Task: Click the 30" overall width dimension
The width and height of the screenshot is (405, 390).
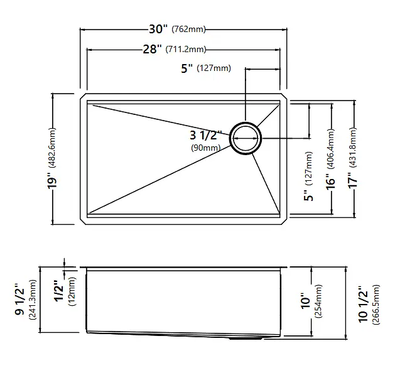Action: tap(158, 29)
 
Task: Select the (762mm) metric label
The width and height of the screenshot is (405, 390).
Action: tap(188, 29)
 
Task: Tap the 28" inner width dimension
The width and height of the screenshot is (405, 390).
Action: tap(152, 49)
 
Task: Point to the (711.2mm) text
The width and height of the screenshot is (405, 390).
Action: tap(186, 49)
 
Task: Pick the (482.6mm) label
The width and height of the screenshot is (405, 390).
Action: tap(52, 148)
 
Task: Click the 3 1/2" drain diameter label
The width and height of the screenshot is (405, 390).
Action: tap(206, 135)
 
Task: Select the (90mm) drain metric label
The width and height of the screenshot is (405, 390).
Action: tap(206, 148)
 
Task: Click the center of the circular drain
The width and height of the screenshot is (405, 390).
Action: tap(246, 138)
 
